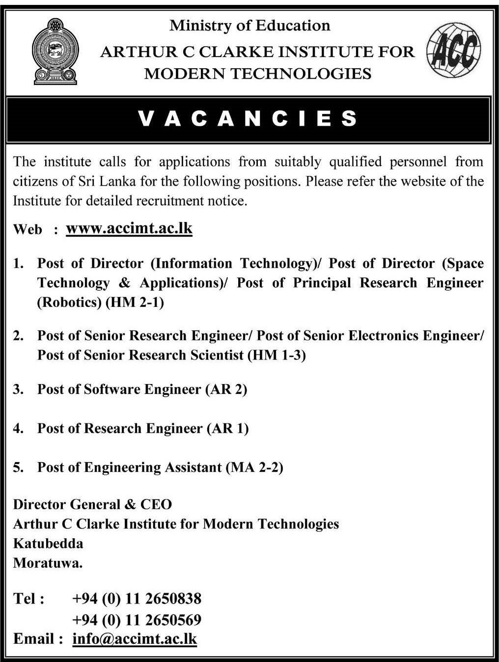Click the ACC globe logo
click(x=453, y=51)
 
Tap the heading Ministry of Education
click(x=249, y=26)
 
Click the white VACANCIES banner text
click(x=248, y=119)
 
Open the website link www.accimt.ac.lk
click(x=129, y=228)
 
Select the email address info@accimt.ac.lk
click(x=134, y=639)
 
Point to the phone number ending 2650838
click(x=137, y=599)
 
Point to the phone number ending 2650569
click(x=137, y=620)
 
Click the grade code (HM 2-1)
click(x=135, y=302)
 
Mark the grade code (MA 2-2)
click(x=254, y=467)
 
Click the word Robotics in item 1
click(x=69, y=302)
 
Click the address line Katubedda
click(x=48, y=544)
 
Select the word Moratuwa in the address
click(x=47, y=563)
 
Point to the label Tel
click(x=28, y=599)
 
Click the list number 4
click(x=18, y=428)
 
